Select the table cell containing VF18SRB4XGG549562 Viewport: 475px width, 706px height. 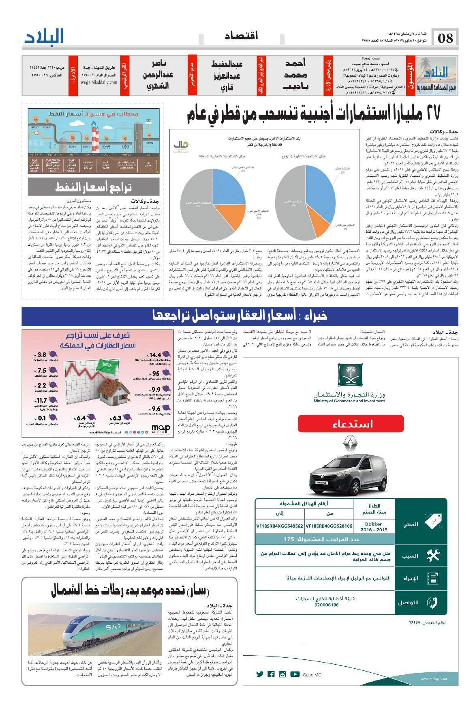pyautogui.click(x=280, y=526)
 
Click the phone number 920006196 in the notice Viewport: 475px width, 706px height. pyautogui.click(x=327, y=605)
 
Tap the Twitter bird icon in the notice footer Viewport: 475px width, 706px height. pyautogui.click(x=260, y=674)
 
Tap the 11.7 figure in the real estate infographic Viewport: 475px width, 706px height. pyautogui.click(x=42, y=401)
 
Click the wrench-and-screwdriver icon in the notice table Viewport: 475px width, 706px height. pyautogui.click(x=433, y=556)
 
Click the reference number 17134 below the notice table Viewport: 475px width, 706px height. pyautogui.click(x=415, y=622)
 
